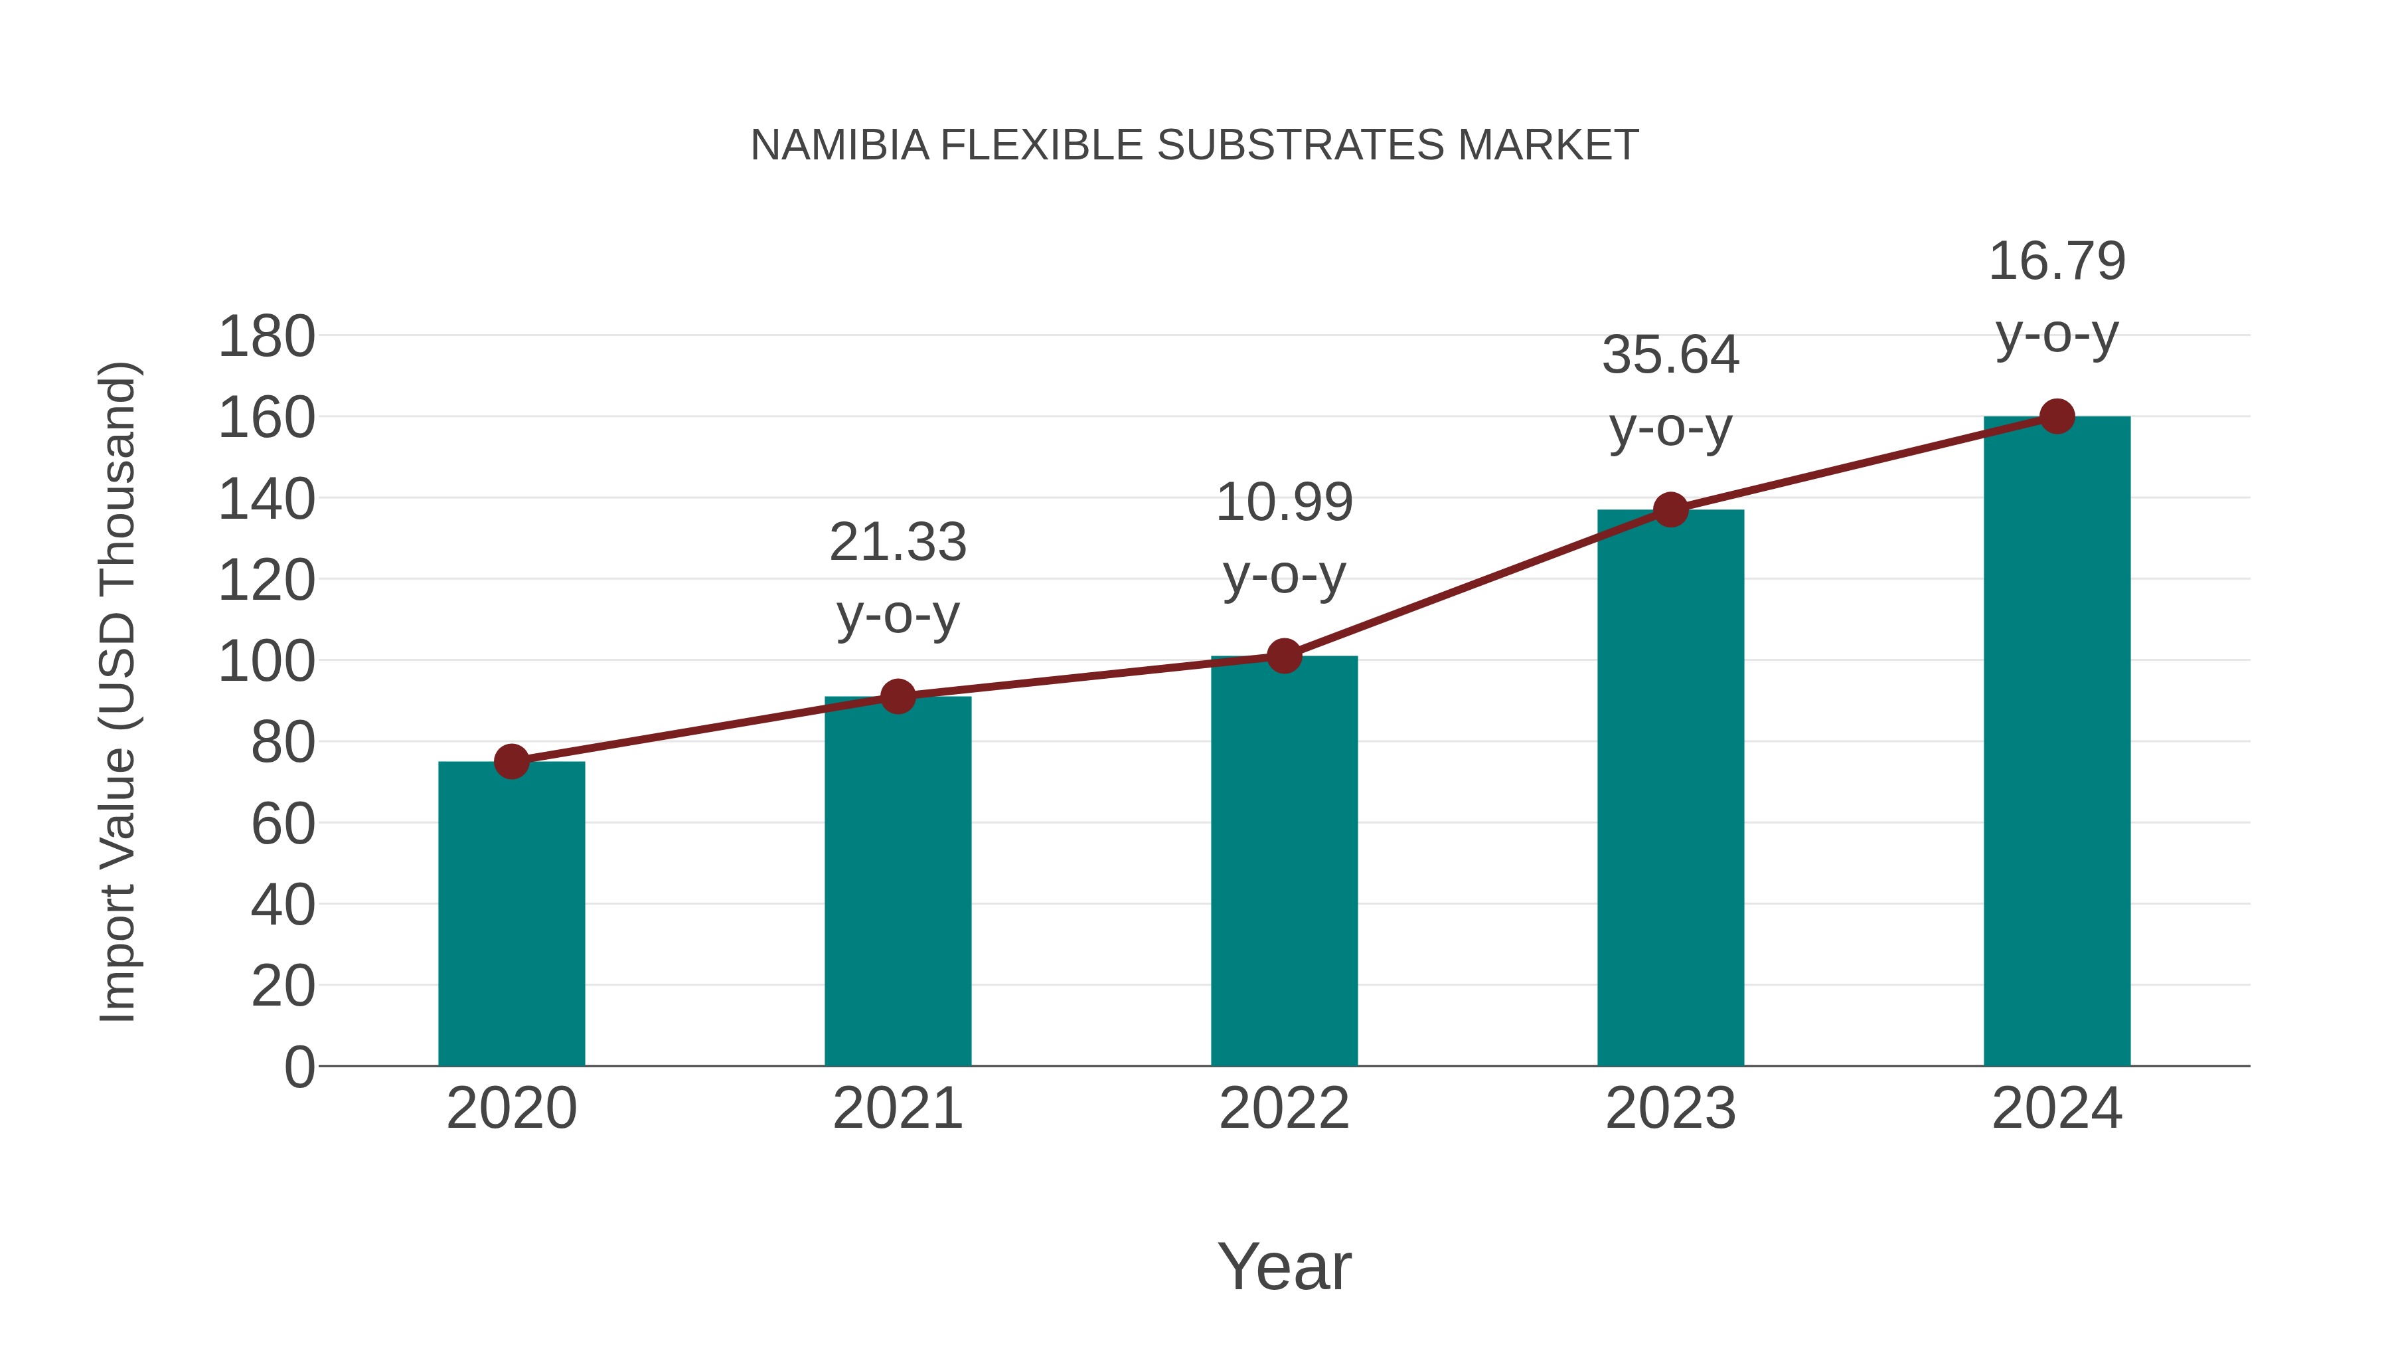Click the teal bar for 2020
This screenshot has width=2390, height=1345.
(x=511, y=915)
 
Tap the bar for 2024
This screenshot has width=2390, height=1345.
(x=2057, y=742)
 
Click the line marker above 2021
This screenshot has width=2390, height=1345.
(x=897, y=696)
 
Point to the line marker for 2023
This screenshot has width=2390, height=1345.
(x=1670, y=509)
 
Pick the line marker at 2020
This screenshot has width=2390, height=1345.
(x=511, y=762)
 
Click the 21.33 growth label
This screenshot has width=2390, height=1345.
(x=897, y=542)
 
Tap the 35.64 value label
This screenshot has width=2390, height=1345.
(x=1670, y=355)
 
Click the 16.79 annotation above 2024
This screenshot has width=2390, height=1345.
(x=2057, y=262)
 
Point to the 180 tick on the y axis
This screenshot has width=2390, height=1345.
(x=266, y=337)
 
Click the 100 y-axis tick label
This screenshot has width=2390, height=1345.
(x=266, y=662)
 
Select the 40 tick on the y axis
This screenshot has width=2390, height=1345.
(x=283, y=905)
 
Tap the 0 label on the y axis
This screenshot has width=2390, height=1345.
(x=299, y=1067)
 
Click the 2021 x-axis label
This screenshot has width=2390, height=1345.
(x=897, y=1109)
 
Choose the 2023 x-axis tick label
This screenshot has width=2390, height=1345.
(x=1670, y=1109)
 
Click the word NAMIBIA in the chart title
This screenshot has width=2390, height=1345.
(x=840, y=145)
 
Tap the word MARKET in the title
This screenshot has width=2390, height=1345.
(x=1548, y=145)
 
